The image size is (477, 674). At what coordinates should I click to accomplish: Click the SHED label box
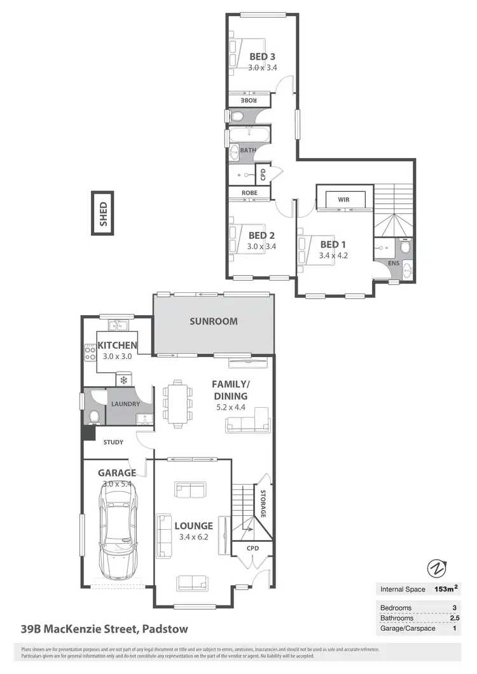coord(103,213)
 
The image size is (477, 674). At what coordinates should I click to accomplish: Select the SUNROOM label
coord(214,321)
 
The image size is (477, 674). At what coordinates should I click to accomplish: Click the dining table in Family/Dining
coord(176,401)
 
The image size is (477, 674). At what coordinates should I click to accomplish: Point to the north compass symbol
coord(436,567)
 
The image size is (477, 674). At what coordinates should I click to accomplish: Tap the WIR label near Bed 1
coord(344,199)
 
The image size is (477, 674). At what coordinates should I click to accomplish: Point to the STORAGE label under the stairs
coord(262,503)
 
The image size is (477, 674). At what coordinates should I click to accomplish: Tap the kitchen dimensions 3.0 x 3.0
coord(117,356)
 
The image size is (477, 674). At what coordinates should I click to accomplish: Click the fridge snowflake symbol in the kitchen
coord(124,380)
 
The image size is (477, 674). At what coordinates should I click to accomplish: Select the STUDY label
coord(111,442)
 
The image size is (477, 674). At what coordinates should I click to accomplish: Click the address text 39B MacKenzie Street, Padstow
coord(104,630)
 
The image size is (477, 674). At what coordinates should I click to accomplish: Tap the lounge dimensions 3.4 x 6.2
coord(194,537)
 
